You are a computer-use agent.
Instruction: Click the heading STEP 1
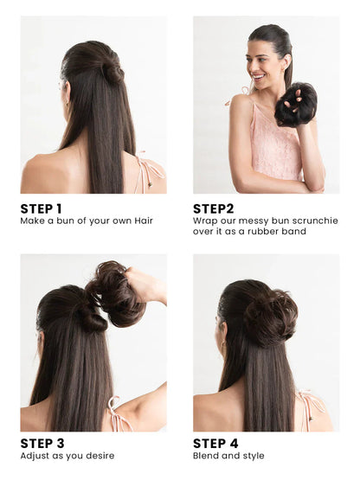[41, 208]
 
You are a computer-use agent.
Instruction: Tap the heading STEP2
[213, 208]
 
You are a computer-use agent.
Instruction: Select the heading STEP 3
[42, 444]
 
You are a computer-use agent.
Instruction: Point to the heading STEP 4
[215, 444]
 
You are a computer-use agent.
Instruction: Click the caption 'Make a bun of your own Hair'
[87, 221]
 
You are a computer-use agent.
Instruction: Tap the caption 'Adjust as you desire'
[67, 456]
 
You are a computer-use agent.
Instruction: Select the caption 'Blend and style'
[228, 456]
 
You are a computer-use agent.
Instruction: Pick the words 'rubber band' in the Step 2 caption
[278, 232]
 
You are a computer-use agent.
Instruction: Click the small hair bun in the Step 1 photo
[112, 70]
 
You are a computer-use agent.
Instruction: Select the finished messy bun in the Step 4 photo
[269, 316]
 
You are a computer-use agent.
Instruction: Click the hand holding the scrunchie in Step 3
[147, 285]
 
